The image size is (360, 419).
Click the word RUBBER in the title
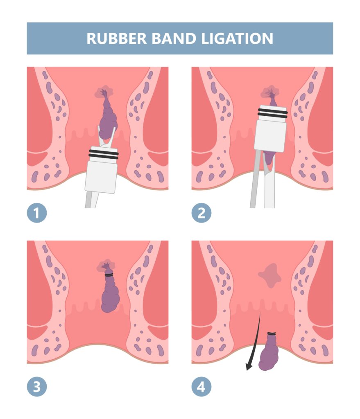[117, 38]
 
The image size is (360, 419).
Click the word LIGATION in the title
[237, 38]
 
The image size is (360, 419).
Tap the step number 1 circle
[37, 213]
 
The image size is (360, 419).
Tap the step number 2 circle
[202, 213]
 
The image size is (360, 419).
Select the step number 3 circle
[37, 387]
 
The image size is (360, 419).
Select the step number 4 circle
[202, 387]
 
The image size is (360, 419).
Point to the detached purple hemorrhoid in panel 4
[269, 352]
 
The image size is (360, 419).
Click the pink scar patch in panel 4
[270, 275]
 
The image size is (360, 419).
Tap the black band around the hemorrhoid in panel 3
[109, 275]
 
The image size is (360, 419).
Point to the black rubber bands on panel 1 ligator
[104, 154]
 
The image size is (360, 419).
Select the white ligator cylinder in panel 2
[270, 128]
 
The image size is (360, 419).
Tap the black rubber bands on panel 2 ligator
[272, 113]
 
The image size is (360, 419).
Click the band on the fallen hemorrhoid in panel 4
[272, 334]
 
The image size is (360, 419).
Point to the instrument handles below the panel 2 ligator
[263, 179]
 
